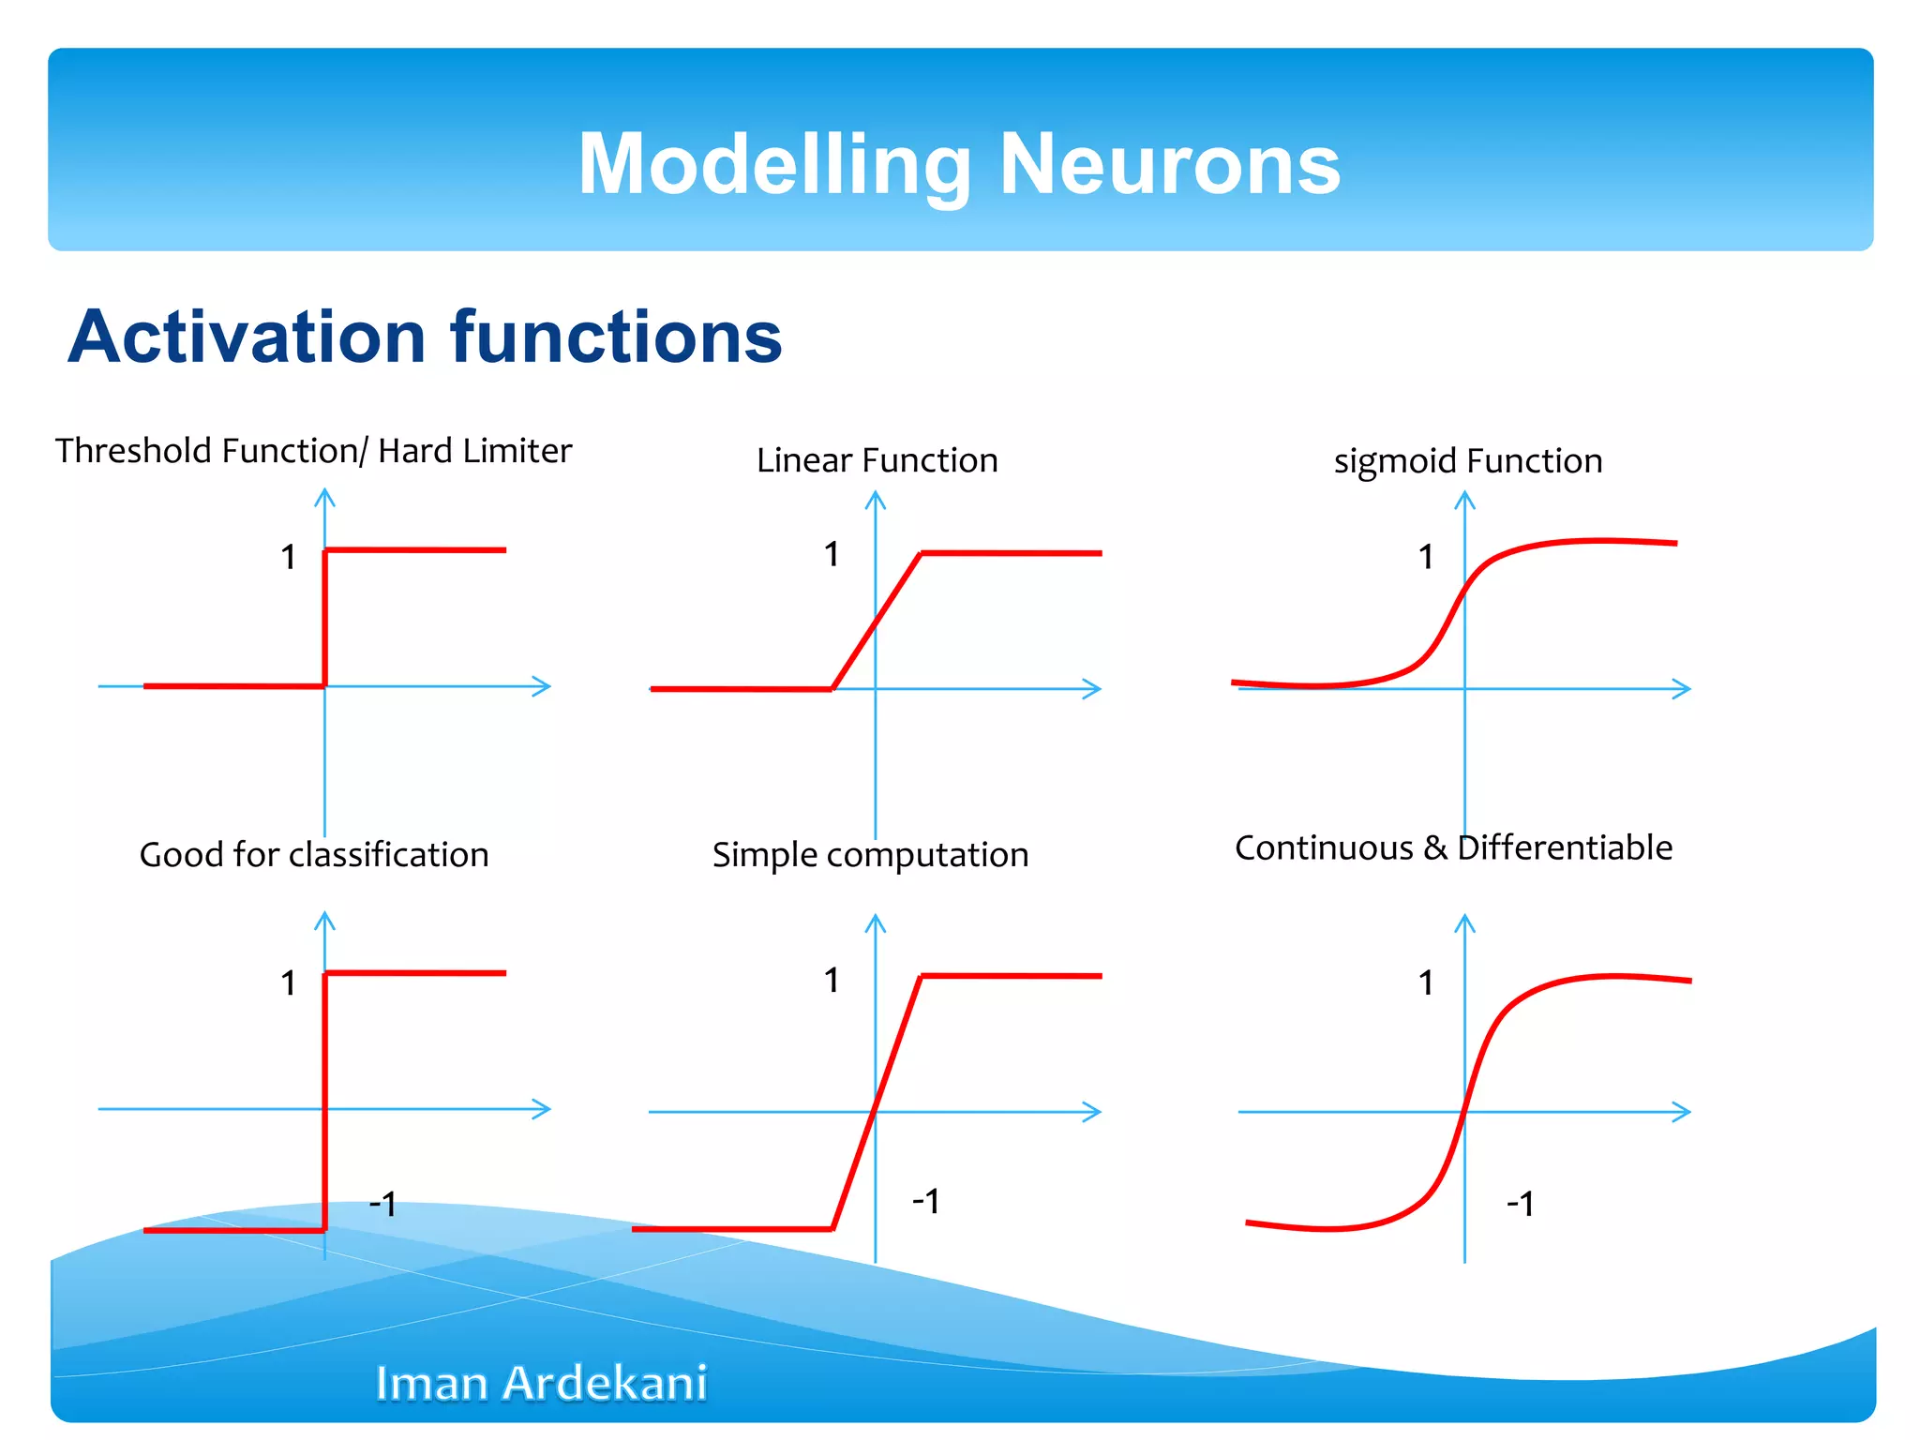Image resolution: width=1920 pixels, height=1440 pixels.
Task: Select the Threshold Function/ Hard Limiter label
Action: click(313, 451)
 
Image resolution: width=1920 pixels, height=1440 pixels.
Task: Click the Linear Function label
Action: click(877, 460)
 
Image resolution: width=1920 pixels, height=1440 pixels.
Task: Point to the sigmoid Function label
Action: click(1467, 461)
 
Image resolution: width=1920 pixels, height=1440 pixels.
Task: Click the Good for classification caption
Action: click(314, 855)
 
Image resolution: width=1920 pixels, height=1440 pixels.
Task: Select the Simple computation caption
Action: click(870, 855)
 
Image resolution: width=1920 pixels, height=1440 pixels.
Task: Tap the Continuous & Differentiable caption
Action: click(1453, 847)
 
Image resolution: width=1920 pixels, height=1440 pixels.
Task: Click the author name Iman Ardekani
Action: click(541, 1383)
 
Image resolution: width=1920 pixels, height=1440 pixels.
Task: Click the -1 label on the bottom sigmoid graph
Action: click(1520, 1204)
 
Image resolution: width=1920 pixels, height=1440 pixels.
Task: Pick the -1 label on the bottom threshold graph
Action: click(382, 1203)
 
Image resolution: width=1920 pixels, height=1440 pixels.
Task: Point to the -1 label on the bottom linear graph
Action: click(925, 1200)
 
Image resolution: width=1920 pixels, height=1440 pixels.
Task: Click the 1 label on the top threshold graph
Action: click(289, 558)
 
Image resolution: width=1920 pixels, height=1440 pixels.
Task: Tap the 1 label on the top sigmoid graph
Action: click(1426, 558)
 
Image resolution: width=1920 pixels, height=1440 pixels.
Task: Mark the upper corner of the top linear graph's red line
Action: click(922, 554)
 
